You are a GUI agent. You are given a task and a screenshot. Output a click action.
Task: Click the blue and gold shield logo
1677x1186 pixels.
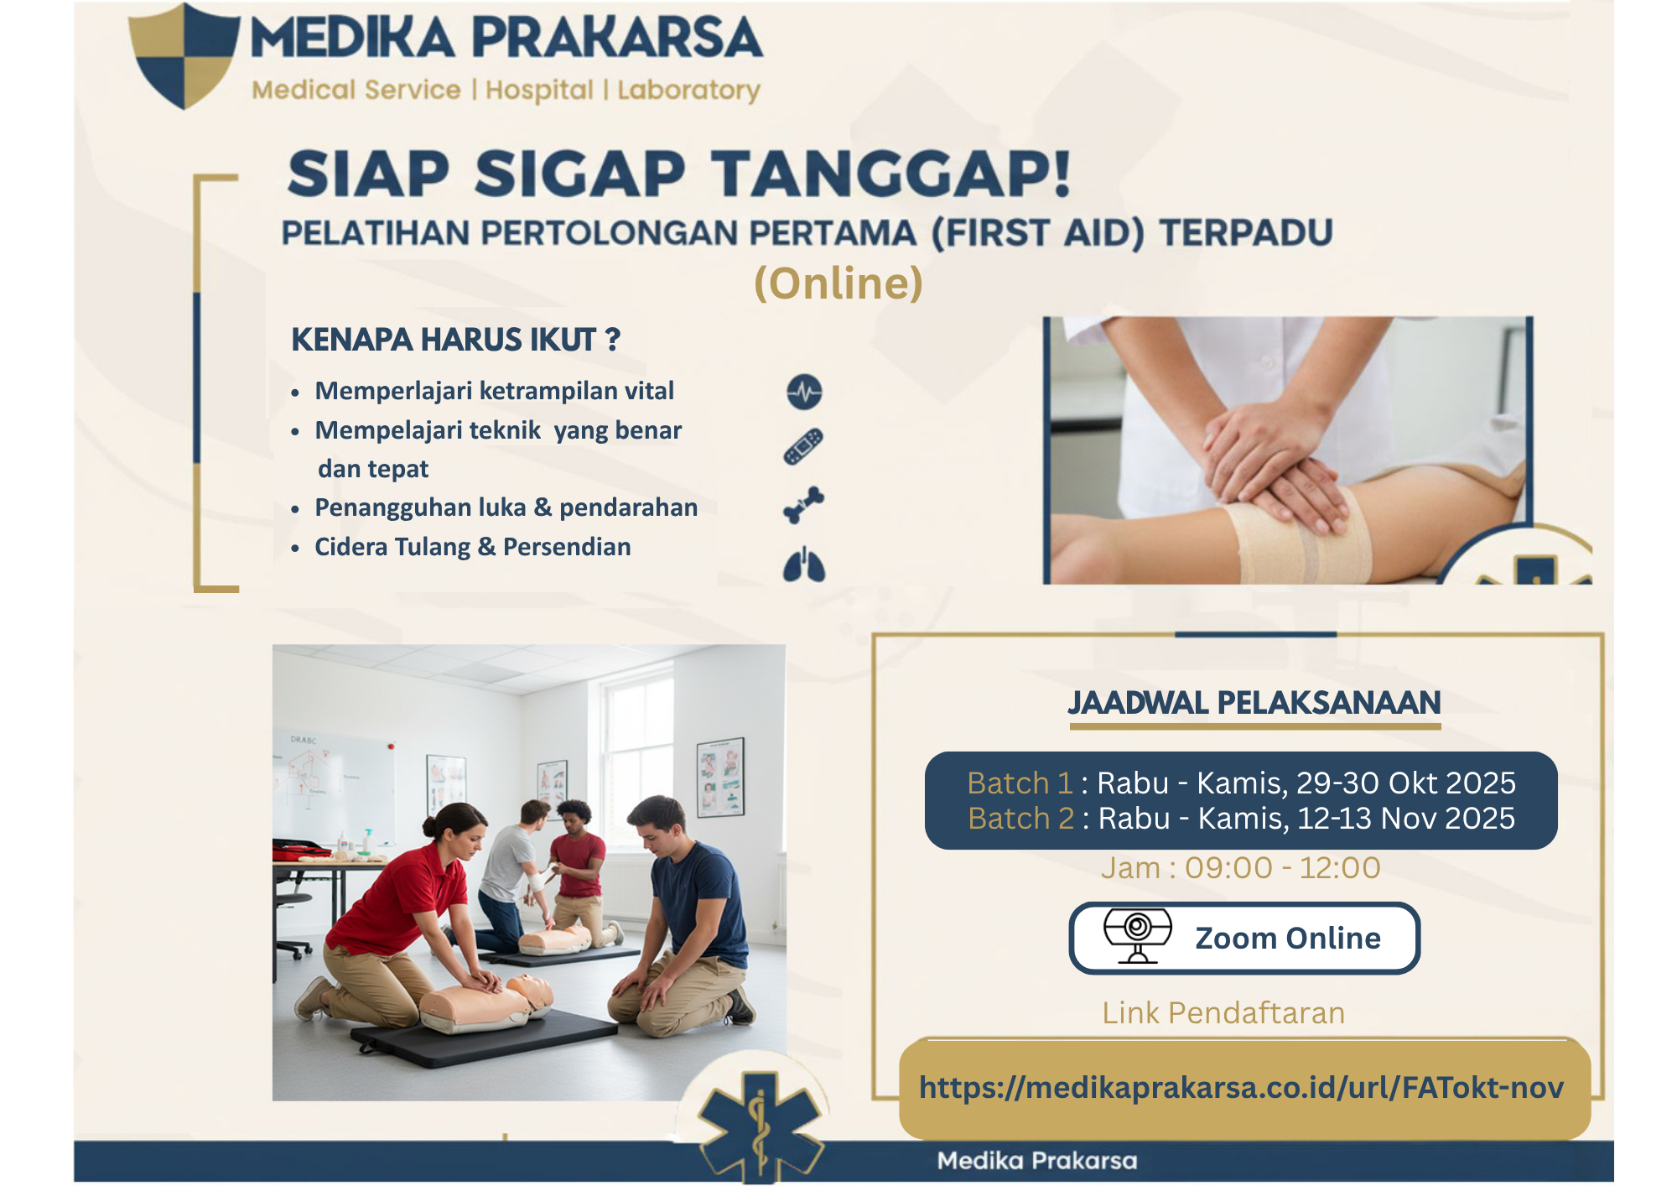coord(184,55)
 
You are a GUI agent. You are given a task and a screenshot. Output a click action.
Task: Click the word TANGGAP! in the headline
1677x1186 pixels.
coord(891,174)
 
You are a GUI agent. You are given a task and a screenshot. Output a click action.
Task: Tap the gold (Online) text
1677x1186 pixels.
coord(838,283)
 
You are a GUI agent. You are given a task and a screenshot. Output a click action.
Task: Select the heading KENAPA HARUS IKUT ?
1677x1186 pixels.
coord(455,340)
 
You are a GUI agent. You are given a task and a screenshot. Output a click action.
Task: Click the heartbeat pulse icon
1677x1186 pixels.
coord(804,392)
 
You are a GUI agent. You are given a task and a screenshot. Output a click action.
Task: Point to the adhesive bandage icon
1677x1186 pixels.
coord(803,446)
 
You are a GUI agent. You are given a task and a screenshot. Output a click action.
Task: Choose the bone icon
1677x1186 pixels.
coord(803,504)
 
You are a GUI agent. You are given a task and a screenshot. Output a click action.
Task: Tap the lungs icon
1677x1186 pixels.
coord(804,564)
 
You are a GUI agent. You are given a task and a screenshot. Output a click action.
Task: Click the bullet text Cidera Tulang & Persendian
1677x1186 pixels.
coord(472,547)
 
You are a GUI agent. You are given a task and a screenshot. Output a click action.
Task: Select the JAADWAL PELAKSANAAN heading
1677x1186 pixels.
coord(1254,703)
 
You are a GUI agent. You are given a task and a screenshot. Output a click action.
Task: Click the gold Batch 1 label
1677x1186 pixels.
coord(1020,783)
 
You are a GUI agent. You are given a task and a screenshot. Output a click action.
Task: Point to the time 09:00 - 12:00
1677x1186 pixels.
coord(1282,867)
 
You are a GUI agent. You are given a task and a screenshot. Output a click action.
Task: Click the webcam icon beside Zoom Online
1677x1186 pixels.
coord(1137,936)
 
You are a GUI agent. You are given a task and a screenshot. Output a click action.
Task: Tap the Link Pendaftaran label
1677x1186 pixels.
coord(1223,1012)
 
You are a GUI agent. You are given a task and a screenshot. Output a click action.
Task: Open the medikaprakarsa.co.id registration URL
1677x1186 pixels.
coord(1241,1088)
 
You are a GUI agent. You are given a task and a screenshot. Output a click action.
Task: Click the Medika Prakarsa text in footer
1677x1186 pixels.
coord(1036,1161)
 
